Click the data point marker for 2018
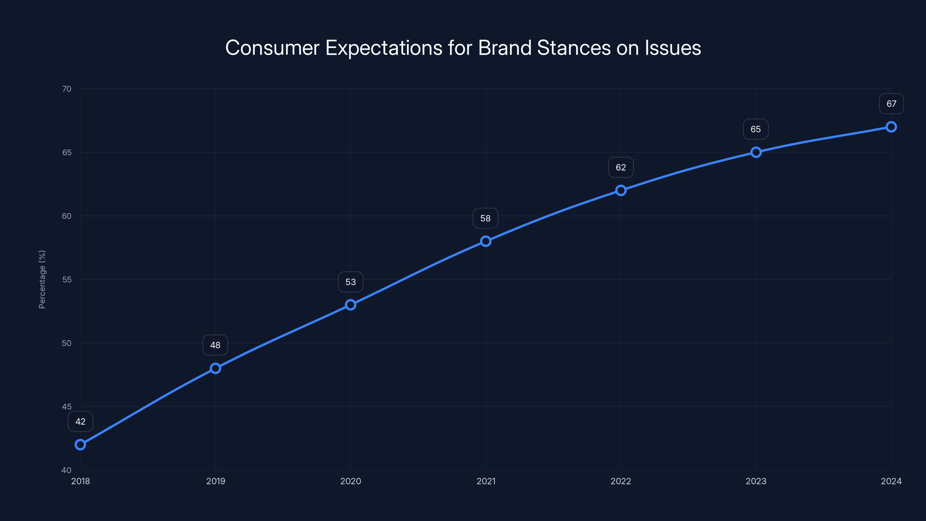(x=80, y=445)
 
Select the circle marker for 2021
(x=486, y=241)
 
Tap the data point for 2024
(x=891, y=127)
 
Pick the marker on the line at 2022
(x=621, y=190)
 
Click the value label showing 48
(x=215, y=345)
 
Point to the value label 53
(x=350, y=282)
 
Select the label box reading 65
(x=756, y=129)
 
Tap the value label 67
(x=891, y=104)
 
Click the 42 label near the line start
(x=80, y=421)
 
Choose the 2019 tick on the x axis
(x=215, y=481)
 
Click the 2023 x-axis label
(x=756, y=481)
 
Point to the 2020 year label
(x=350, y=481)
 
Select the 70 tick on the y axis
(x=67, y=89)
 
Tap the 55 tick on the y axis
(x=67, y=279)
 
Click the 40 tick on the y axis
(x=67, y=470)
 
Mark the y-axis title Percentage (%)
(x=42, y=279)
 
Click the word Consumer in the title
(x=272, y=48)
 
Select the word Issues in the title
(x=673, y=48)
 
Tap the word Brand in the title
(x=505, y=48)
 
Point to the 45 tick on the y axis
(x=67, y=407)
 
